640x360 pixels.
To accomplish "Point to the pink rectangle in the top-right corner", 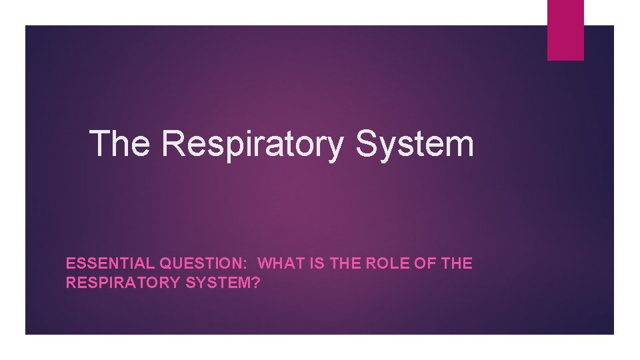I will click(x=565, y=29).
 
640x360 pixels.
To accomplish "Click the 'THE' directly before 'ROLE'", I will click(x=347, y=263).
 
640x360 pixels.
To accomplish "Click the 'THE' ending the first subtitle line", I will click(x=457, y=263).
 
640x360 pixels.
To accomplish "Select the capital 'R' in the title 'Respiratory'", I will click(x=173, y=143).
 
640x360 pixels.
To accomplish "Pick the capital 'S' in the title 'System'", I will click(x=367, y=143).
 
